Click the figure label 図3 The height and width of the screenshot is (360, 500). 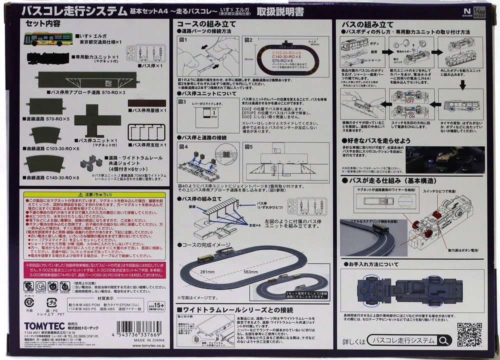pyautogui.click(x=182, y=101)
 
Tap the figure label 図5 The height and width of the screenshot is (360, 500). pyautogui.click(x=249, y=146)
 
